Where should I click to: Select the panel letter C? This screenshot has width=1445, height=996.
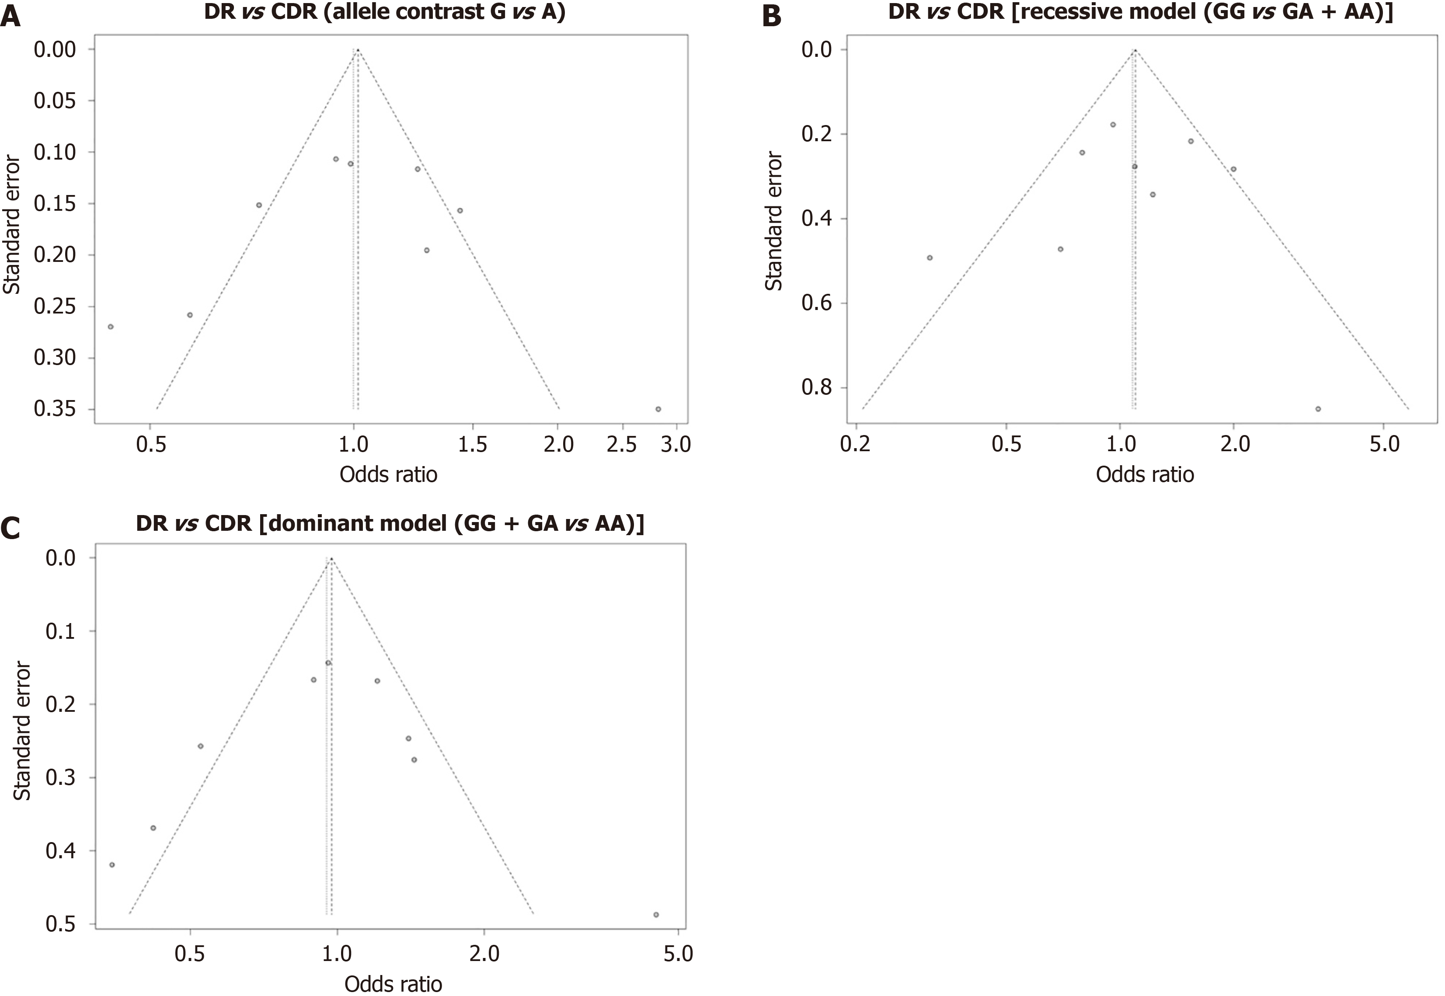pos(11,528)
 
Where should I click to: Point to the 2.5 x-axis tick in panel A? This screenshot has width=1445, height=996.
pos(621,444)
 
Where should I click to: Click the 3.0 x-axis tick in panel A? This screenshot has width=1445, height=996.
pos(675,444)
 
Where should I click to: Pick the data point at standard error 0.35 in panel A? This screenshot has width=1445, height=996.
pos(658,409)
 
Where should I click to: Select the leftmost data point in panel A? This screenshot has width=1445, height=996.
pos(111,326)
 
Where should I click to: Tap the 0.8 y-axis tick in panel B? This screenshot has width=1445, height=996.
pos(817,387)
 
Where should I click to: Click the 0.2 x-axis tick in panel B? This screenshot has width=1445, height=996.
pos(855,444)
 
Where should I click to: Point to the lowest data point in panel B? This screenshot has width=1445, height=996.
pos(1318,409)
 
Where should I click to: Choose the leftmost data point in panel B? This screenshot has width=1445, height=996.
pos(930,258)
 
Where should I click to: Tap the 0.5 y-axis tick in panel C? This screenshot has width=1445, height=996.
pos(60,923)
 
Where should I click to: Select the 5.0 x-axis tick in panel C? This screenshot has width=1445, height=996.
pos(678,954)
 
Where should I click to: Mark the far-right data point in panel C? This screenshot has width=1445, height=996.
pos(656,915)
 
